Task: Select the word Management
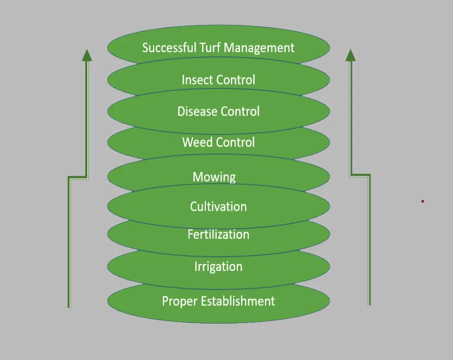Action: tap(259, 48)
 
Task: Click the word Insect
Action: tap(198, 80)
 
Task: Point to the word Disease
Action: tap(196, 111)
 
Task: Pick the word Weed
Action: tap(198, 142)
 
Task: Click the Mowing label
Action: tap(214, 177)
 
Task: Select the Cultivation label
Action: tap(218, 206)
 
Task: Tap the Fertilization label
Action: tap(218, 235)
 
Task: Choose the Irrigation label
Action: tap(218, 267)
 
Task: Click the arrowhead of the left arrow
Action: tap(86, 54)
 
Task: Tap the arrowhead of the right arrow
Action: tap(350, 54)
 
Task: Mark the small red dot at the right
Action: tap(423, 201)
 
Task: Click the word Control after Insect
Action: tap(237, 80)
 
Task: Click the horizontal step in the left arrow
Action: tap(78, 176)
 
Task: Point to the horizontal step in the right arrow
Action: tap(360, 175)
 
